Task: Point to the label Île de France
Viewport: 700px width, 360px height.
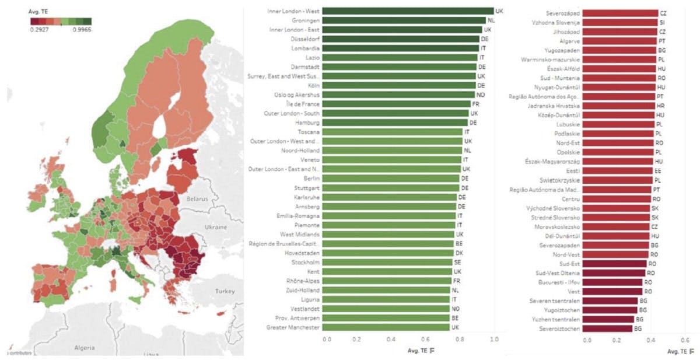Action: pyautogui.click(x=307, y=104)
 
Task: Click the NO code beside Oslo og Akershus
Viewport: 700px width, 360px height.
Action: pyautogui.click(x=480, y=95)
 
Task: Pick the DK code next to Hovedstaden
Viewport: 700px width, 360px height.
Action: pyautogui.click(x=459, y=253)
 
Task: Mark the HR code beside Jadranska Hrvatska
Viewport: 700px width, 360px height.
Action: pyautogui.click(x=661, y=106)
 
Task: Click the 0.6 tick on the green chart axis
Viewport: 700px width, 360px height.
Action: pyautogui.click(x=427, y=339)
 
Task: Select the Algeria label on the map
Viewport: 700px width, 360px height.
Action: pyautogui.click(x=84, y=347)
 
